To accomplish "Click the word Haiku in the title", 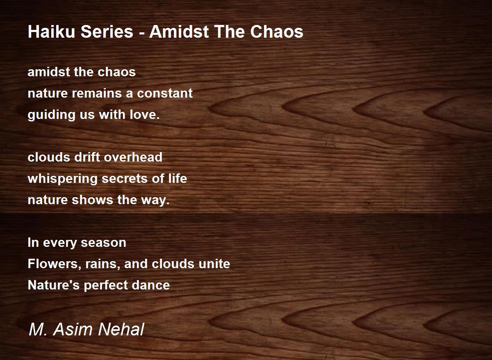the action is [x=51, y=32].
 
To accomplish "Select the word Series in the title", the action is [x=107, y=32].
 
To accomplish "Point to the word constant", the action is [x=165, y=93].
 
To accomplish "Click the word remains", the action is [x=97, y=93].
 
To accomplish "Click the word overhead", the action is [x=133, y=157].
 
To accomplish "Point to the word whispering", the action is [x=62, y=179].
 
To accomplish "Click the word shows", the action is [x=92, y=200].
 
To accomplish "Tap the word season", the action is [x=103, y=243].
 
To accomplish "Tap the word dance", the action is [x=151, y=285].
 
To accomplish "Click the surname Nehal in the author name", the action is [x=121, y=329].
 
